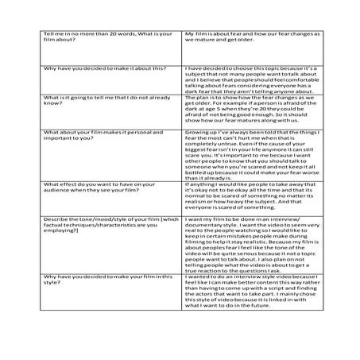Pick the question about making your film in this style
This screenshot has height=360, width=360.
click(87, 278)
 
